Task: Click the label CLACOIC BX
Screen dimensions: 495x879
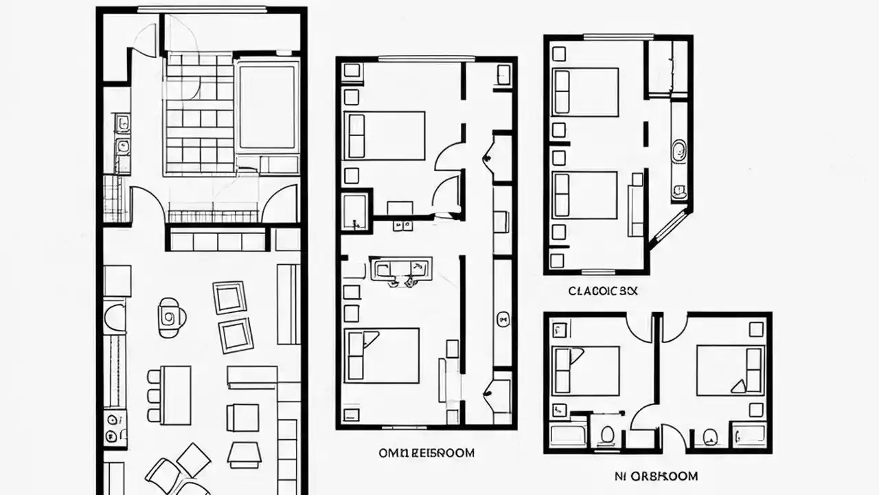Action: click(x=603, y=291)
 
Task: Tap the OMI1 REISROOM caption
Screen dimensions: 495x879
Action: click(x=426, y=453)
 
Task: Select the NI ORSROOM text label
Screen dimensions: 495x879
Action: click(x=655, y=476)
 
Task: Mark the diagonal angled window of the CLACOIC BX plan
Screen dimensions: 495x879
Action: click(x=670, y=226)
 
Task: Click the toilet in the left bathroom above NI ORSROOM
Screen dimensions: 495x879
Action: click(x=606, y=434)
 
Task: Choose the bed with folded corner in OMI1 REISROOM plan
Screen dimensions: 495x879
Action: click(x=382, y=355)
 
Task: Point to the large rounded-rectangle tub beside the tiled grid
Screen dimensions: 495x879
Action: click(x=267, y=107)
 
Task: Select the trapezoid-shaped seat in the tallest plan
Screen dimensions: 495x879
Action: click(x=244, y=454)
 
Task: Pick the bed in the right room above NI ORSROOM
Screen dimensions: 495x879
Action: click(x=729, y=370)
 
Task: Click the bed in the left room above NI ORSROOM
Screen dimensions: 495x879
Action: click(x=586, y=370)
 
